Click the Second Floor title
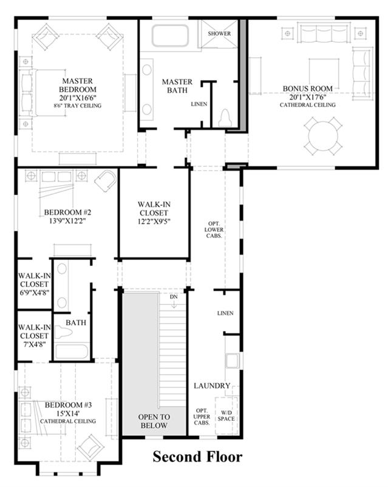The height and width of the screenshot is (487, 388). pos(197,457)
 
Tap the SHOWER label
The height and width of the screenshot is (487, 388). pos(219,33)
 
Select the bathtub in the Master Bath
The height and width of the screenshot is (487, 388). pos(170,36)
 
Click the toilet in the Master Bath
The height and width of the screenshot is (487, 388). pos(225,118)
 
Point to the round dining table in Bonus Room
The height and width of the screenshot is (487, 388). pos(323,136)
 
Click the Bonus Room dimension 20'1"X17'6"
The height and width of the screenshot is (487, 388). pos(308,97)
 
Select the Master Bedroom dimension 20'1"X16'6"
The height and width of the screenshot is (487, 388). pos(78,98)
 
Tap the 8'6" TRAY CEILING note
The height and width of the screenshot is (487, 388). pos(77,106)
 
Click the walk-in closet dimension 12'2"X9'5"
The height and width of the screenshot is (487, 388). pos(154,222)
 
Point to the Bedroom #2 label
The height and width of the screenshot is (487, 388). pos(67,213)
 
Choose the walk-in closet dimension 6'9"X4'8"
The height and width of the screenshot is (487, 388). pos(34,293)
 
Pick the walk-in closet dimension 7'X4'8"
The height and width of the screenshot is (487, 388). pos(34,344)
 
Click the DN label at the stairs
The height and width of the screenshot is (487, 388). pos(174,297)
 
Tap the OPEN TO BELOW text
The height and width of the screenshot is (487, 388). pos(154,421)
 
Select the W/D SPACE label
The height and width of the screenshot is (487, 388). pos(226,416)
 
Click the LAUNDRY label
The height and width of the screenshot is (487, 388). pos(212,386)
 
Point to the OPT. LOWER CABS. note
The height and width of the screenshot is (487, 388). pos(214,230)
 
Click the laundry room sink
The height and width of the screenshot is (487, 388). pos(233,361)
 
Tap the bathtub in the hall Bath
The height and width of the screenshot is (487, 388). pos(72,352)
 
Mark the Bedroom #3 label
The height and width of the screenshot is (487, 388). pos(69,405)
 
